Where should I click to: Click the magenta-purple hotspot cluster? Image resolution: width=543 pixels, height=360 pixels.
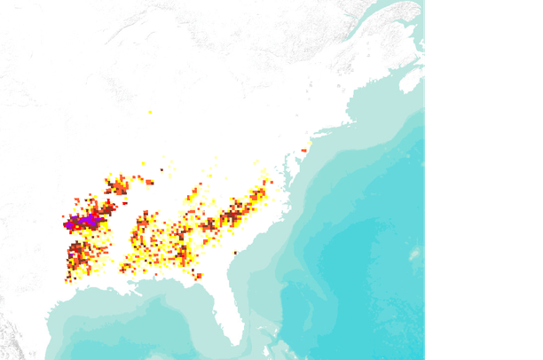click(x=87, y=220)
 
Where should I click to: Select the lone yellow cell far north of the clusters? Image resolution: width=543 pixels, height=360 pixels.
click(x=150, y=112)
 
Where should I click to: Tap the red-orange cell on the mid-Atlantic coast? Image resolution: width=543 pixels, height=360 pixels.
click(x=303, y=151)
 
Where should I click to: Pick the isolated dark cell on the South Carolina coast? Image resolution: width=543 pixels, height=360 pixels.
click(x=235, y=255)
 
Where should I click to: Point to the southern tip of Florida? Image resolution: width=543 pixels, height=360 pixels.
click(x=237, y=342)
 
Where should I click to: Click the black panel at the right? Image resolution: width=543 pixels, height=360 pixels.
click(x=484, y=177)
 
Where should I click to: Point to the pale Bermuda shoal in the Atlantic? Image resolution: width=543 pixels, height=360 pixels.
click(x=413, y=253)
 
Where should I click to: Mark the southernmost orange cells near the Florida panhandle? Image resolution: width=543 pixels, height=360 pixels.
click(x=198, y=275)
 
